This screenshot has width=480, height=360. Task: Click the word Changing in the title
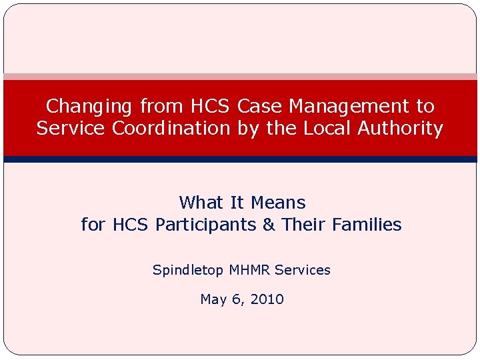point(90,107)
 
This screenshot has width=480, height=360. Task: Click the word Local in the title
point(322,128)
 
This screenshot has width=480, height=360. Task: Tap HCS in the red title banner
point(211,106)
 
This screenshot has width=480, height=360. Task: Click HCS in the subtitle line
point(131,225)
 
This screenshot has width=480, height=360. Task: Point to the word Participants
point(206,225)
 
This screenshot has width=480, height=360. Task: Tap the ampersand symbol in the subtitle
point(269,225)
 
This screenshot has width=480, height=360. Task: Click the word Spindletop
point(189,270)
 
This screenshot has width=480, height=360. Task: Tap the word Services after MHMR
point(303,270)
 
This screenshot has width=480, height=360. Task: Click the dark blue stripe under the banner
point(240,159)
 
